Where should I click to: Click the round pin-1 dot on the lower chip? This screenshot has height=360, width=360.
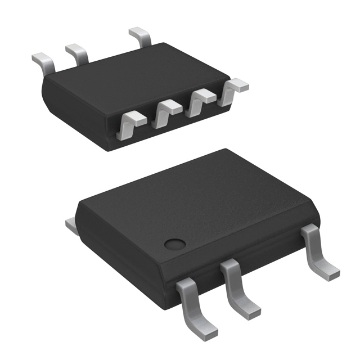(175, 244)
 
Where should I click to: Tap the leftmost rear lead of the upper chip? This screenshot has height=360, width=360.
(43, 61)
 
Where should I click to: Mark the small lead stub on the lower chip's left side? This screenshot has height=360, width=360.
(71, 226)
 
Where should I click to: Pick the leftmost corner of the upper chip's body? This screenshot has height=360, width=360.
(44, 83)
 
